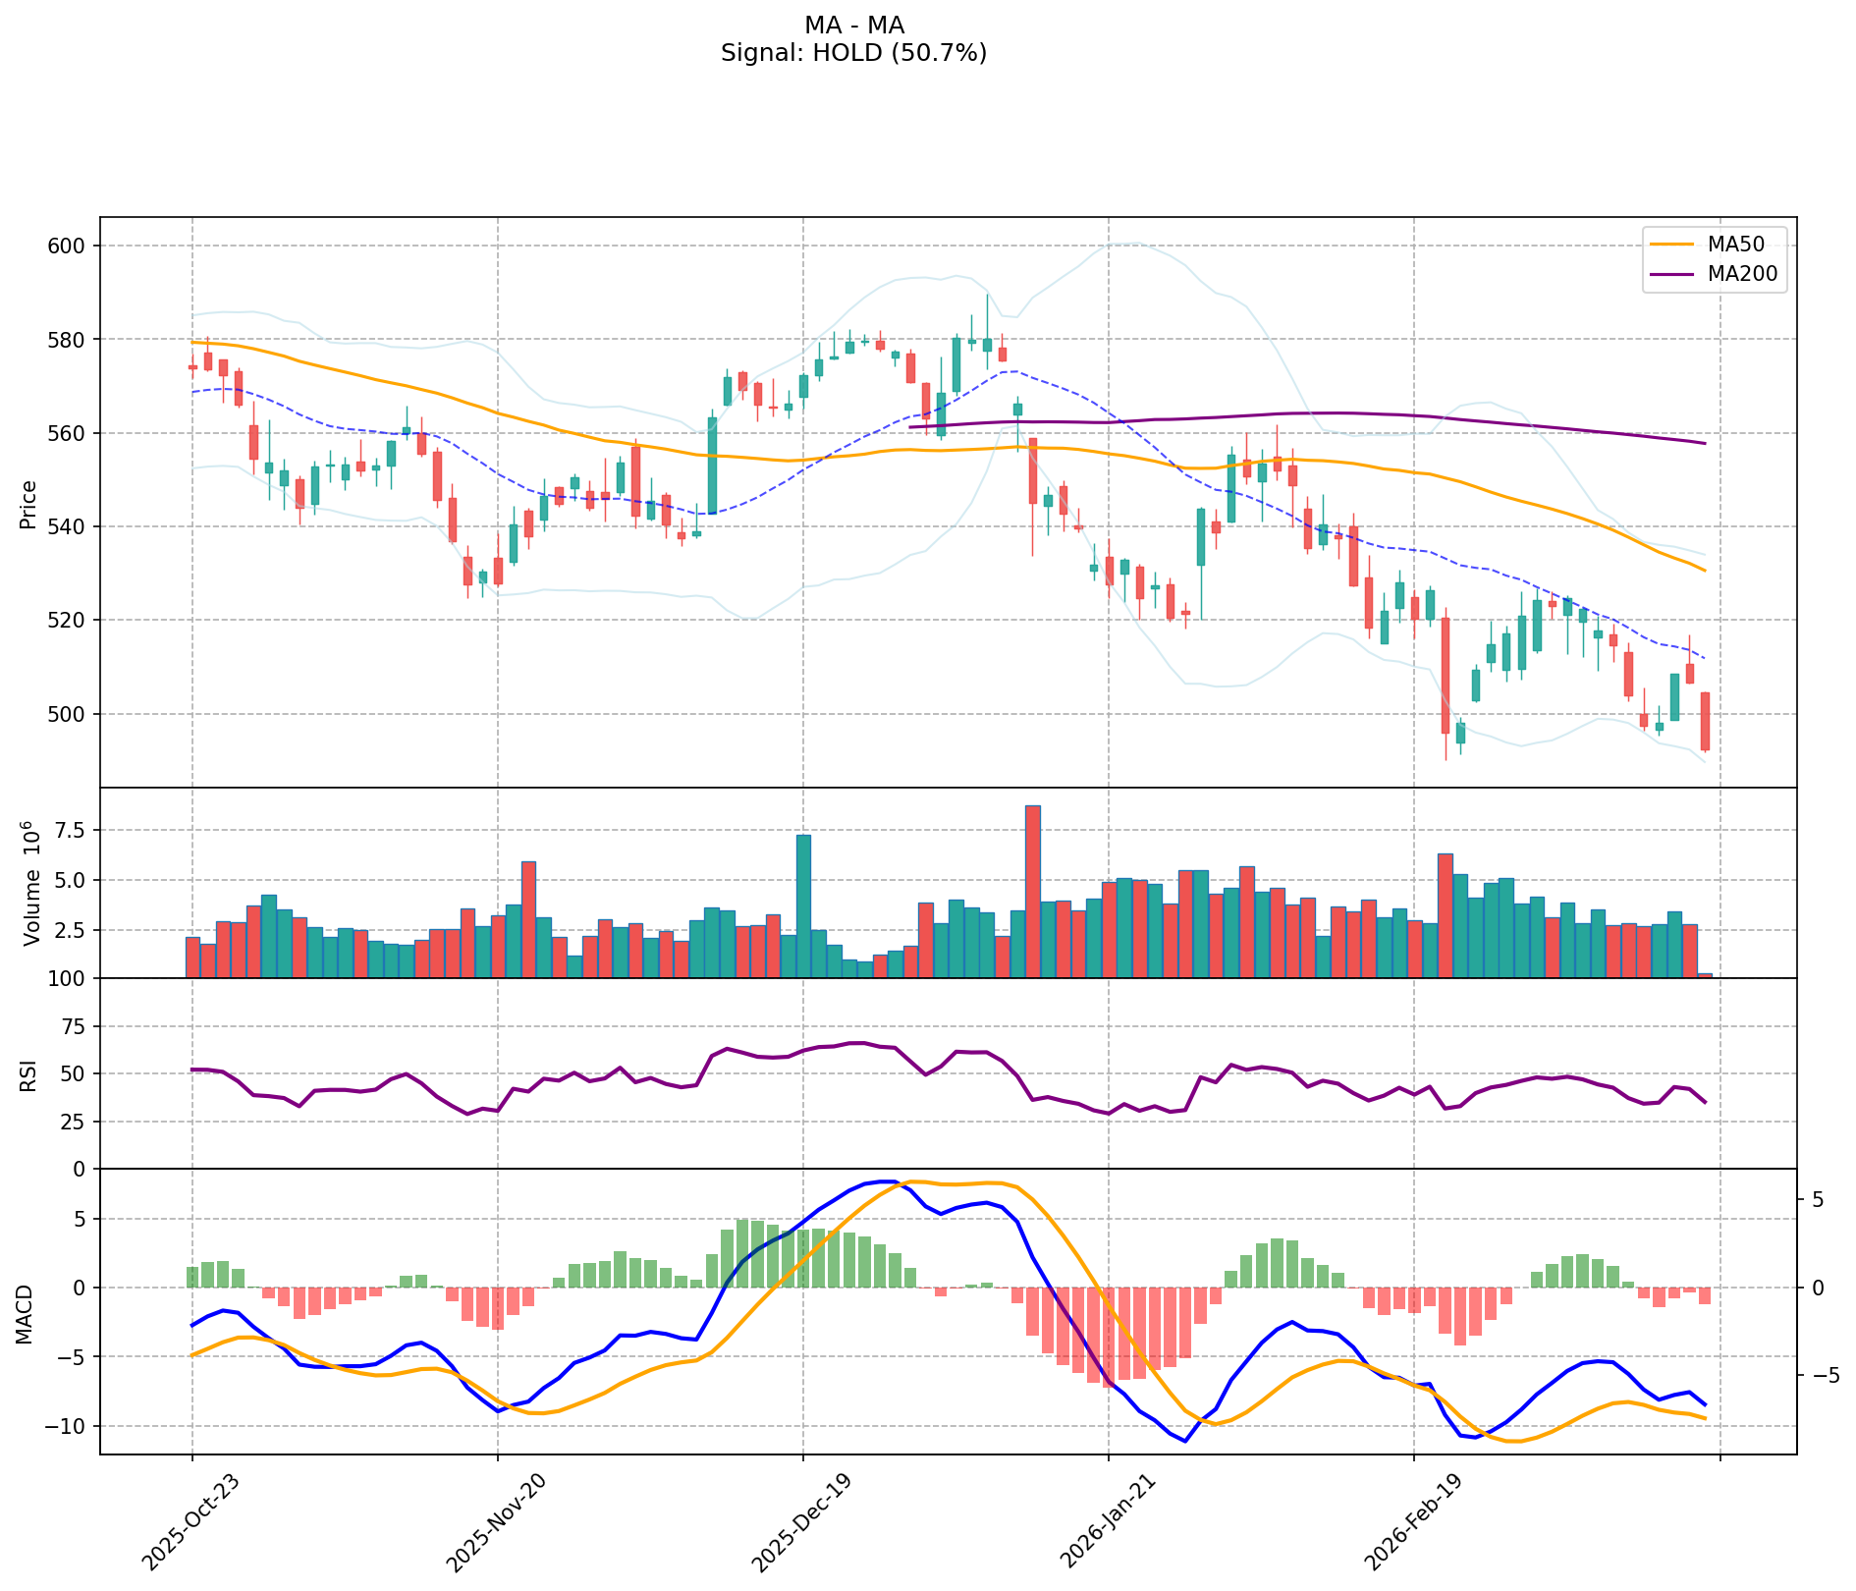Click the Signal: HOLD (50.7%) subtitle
pos(853,53)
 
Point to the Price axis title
pos(28,504)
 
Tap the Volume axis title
pos(32,883)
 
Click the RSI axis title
pos(28,1074)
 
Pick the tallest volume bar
pos(1032,892)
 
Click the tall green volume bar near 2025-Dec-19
pos(803,906)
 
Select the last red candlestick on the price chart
pos(1705,721)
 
